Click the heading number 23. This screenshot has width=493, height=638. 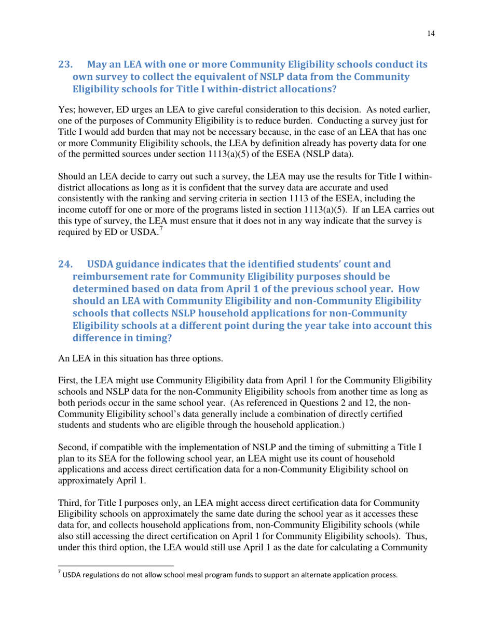coord(65,65)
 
